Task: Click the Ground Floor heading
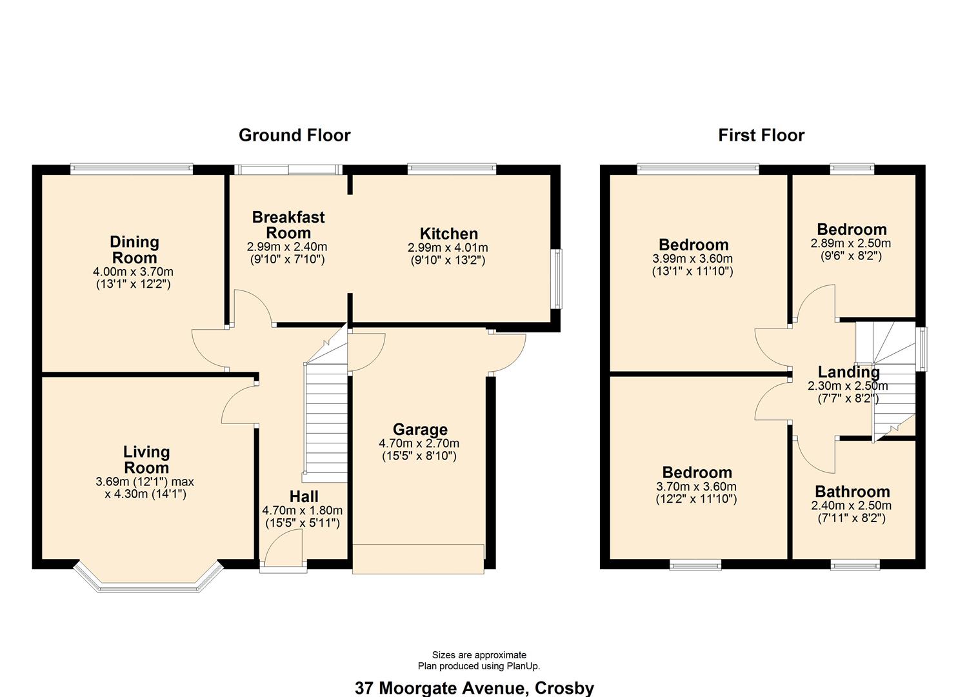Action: pos(294,135)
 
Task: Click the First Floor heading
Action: pos(761,135)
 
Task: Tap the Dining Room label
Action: pos(134,250)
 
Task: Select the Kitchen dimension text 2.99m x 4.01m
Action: pos(448,248)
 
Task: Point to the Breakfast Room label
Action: pos(288,225)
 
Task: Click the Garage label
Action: pos(420,430)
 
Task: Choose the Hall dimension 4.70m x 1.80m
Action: pos(303,510)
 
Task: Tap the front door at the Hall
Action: pos(284,567)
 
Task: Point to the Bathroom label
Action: pos(852,492)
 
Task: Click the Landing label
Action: pos(848,372)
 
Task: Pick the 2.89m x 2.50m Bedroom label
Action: pos(852,230)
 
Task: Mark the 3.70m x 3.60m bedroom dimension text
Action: pos(697,487)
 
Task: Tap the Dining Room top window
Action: pos(132,169)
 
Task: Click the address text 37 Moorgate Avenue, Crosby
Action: pos(474,688)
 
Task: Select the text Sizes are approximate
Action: pos(479,655)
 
